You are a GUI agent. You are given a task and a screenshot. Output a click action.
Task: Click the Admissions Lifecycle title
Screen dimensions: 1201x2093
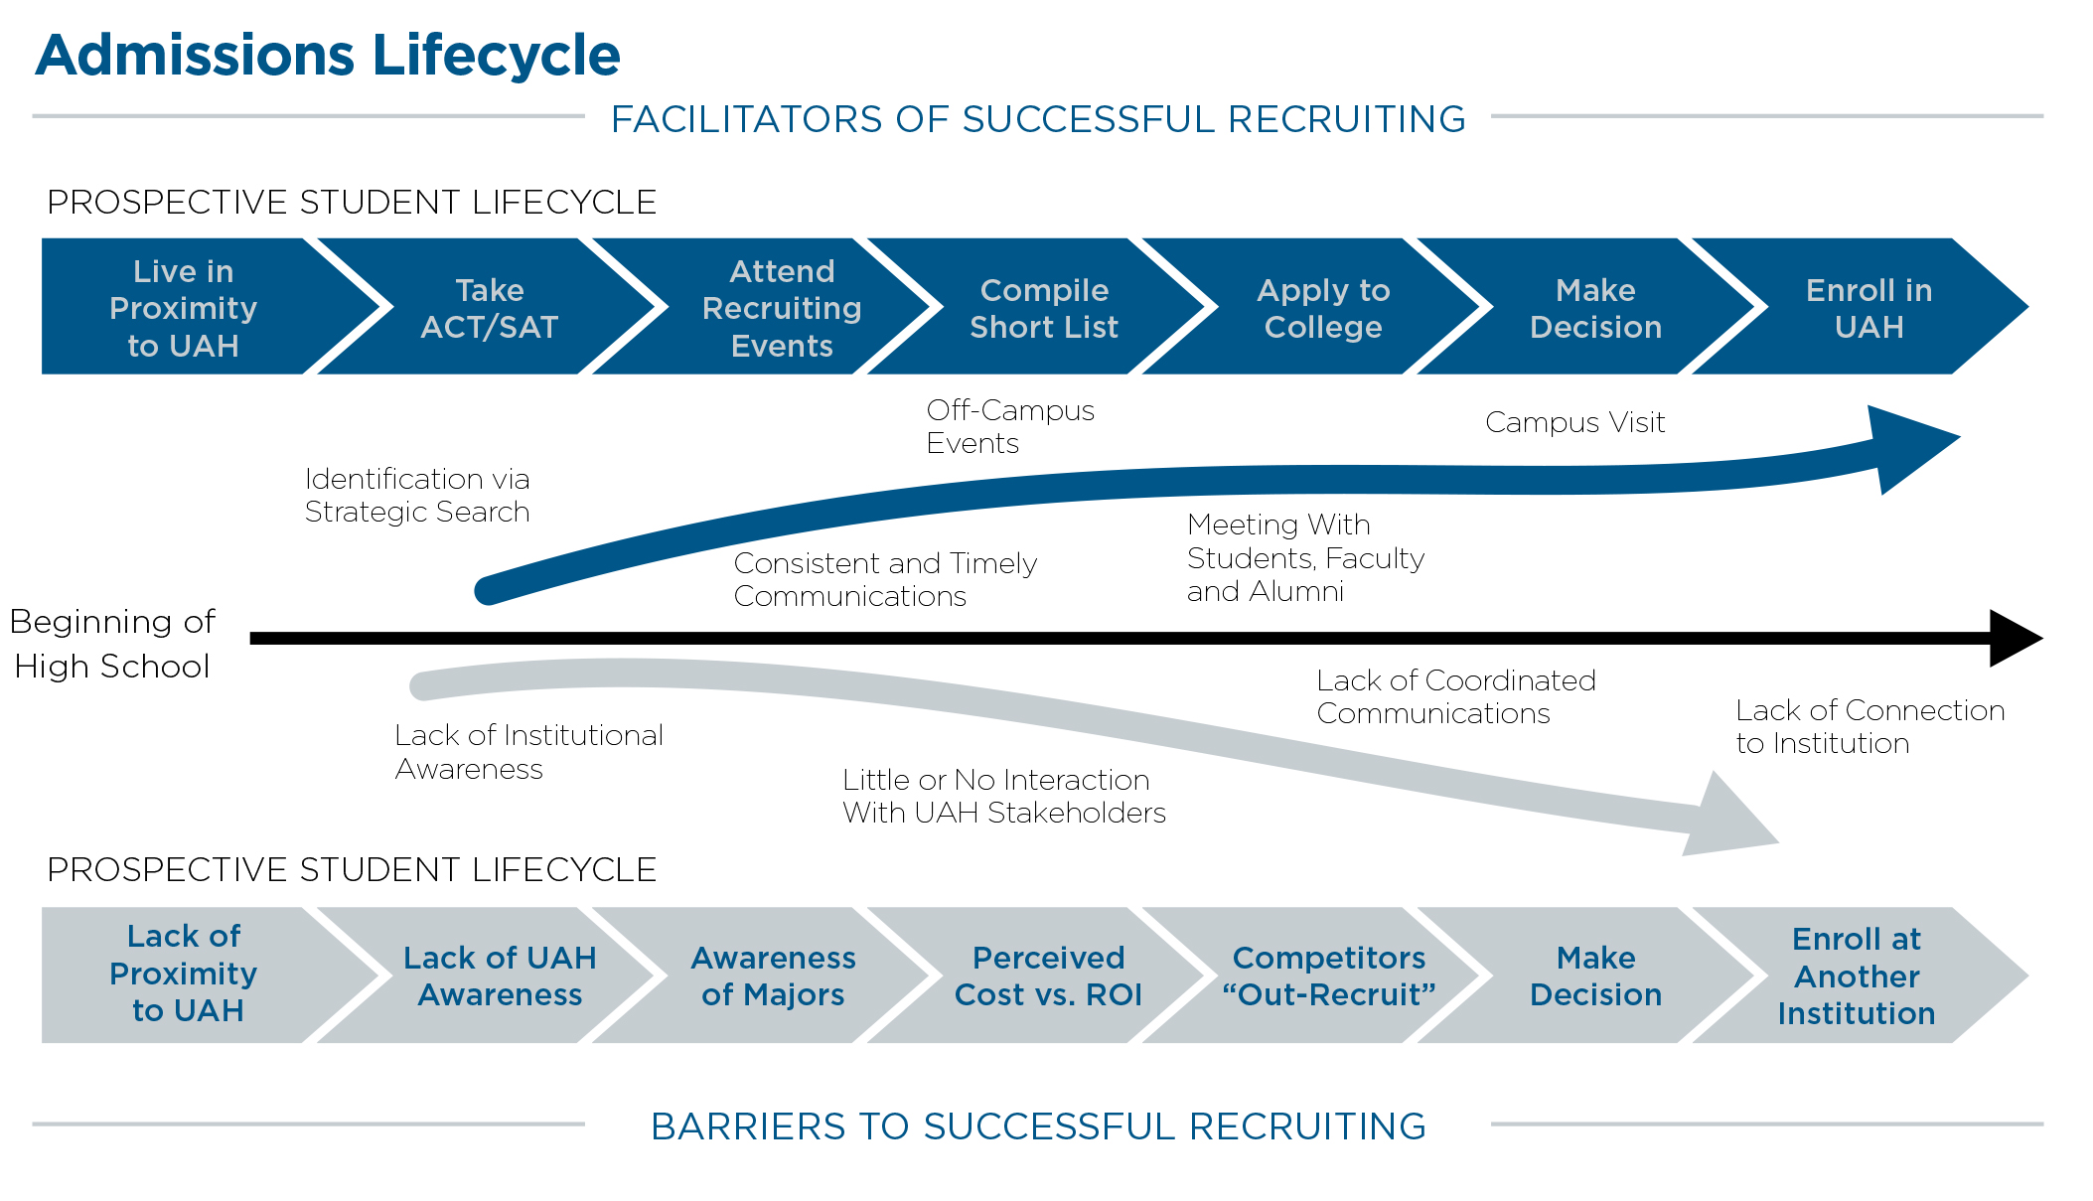[328, 55]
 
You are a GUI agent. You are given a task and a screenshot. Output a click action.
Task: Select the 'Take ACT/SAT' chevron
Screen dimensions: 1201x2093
[489, 308]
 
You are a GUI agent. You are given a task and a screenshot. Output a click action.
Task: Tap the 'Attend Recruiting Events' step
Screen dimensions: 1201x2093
[782, 308]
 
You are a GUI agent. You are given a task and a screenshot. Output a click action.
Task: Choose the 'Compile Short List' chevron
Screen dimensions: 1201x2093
[1043, 308]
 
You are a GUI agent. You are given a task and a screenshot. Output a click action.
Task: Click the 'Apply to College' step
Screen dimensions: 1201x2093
[1323, 308]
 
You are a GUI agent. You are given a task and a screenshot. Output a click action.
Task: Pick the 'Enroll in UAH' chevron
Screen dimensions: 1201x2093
[1869, 308]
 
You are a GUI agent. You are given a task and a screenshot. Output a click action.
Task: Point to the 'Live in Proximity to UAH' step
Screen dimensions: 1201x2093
[184, 308]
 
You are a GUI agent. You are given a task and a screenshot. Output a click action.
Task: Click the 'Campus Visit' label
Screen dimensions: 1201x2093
[1574, 422]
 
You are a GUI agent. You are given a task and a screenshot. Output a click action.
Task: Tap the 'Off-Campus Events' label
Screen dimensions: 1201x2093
[1009, 426]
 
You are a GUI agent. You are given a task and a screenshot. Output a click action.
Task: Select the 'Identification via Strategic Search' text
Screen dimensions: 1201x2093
[417, 495]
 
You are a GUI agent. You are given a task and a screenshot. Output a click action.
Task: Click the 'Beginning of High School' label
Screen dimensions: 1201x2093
[112, 644]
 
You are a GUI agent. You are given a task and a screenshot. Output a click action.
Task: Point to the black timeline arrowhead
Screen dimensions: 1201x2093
[2014, 638]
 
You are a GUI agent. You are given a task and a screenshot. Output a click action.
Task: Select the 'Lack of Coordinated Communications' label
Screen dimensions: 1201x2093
[1455, 696]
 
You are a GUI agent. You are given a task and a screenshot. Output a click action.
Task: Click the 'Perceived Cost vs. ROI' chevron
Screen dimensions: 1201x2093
[1048, 976]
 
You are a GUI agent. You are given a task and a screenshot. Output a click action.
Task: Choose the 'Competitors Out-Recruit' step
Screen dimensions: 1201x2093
[1328, 976]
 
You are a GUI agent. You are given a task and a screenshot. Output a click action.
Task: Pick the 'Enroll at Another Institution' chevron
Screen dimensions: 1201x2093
[1856, 976]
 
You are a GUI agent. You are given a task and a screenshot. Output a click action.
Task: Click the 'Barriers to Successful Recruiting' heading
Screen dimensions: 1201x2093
[1038, 1126]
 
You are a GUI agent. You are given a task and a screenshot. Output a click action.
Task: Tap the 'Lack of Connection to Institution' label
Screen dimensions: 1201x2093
[1869, 726]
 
